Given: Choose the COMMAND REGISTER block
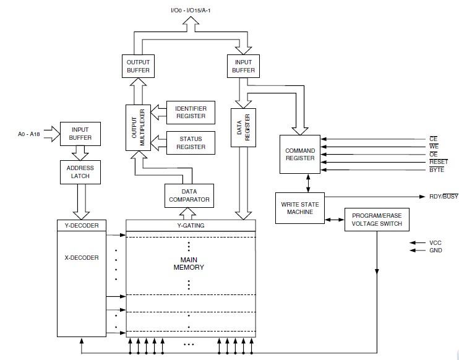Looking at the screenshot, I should coord(299,155).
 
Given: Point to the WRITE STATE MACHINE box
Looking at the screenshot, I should coord(299,208).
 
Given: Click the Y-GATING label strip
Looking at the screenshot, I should coord(190,225).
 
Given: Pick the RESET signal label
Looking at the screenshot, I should coord(438,161).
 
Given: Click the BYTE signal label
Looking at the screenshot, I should coord(436,170).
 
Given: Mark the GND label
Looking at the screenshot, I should coord(435,251).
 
